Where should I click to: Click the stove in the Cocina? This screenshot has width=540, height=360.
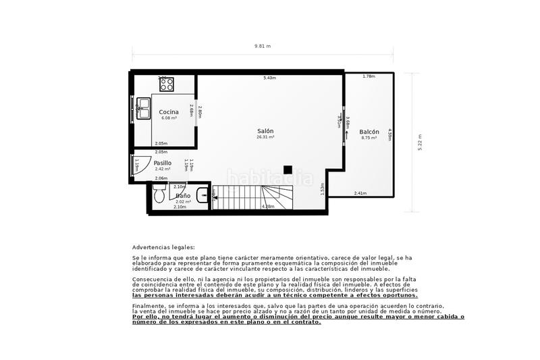coord(166,84)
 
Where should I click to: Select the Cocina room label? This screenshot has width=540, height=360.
coord(169,112)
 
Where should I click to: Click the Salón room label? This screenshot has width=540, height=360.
coord(265,131)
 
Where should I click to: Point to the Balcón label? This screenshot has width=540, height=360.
coord(369,132)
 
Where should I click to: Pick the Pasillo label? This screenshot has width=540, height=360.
coord(162,163)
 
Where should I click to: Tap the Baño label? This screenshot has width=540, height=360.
coord(183,195)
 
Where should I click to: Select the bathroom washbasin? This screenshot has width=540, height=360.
coord(213,195)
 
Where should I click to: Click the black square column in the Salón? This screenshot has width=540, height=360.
coord(288,170)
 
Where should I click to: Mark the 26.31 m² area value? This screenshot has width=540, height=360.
coord(265,137)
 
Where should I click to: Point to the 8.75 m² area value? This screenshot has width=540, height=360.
coord(369,138)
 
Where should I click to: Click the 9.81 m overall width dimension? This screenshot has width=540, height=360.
coord(263,47)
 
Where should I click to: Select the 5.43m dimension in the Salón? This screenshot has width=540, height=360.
coord(269,78)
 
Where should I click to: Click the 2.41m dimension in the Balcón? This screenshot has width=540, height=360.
coord(360,194)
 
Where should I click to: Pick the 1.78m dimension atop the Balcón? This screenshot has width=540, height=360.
coord(368,76)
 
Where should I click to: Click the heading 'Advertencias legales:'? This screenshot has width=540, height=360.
coord(163,248)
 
